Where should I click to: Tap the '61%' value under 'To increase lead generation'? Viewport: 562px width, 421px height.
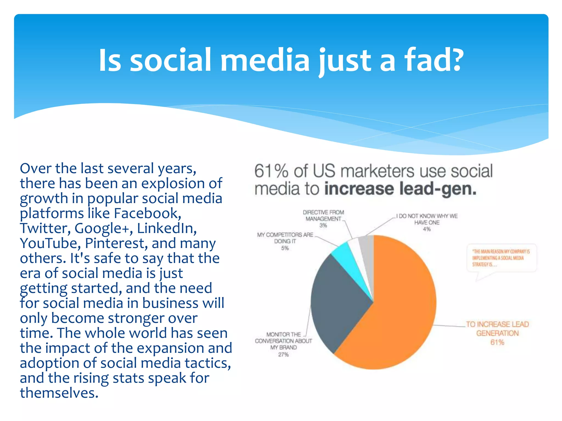pos(497,342)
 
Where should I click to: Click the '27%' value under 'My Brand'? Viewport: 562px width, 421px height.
pos(283,355)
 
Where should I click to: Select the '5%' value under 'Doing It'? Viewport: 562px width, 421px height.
pos(285,248)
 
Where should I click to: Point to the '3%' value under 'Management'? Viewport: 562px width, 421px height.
pos(323,226)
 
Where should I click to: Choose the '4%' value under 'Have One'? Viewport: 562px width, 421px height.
pos(427,229)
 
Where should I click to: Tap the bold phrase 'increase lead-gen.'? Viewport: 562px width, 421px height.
pos(400,189)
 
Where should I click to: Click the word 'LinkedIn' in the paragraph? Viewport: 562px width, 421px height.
pos(167,228)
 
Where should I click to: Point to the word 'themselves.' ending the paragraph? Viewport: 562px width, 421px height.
pos(59,393)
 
